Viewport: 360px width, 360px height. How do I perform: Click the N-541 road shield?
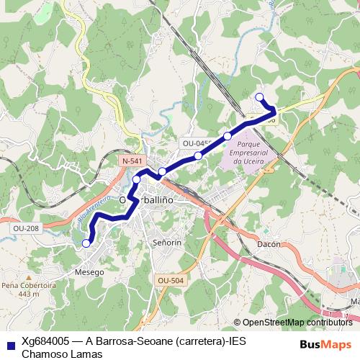(131, 161)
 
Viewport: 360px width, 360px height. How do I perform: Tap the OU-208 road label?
(25, 228)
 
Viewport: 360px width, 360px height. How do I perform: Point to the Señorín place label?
(168, 243)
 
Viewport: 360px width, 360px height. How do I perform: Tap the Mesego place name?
(89, 273)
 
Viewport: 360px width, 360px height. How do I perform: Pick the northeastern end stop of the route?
(260, 97)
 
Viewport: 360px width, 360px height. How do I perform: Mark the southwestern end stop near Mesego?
(86, 243)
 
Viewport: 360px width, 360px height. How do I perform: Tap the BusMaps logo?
(325, 344)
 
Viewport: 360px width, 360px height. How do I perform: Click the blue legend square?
(10, 343)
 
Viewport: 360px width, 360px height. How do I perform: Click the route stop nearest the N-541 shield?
(137, 179)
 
